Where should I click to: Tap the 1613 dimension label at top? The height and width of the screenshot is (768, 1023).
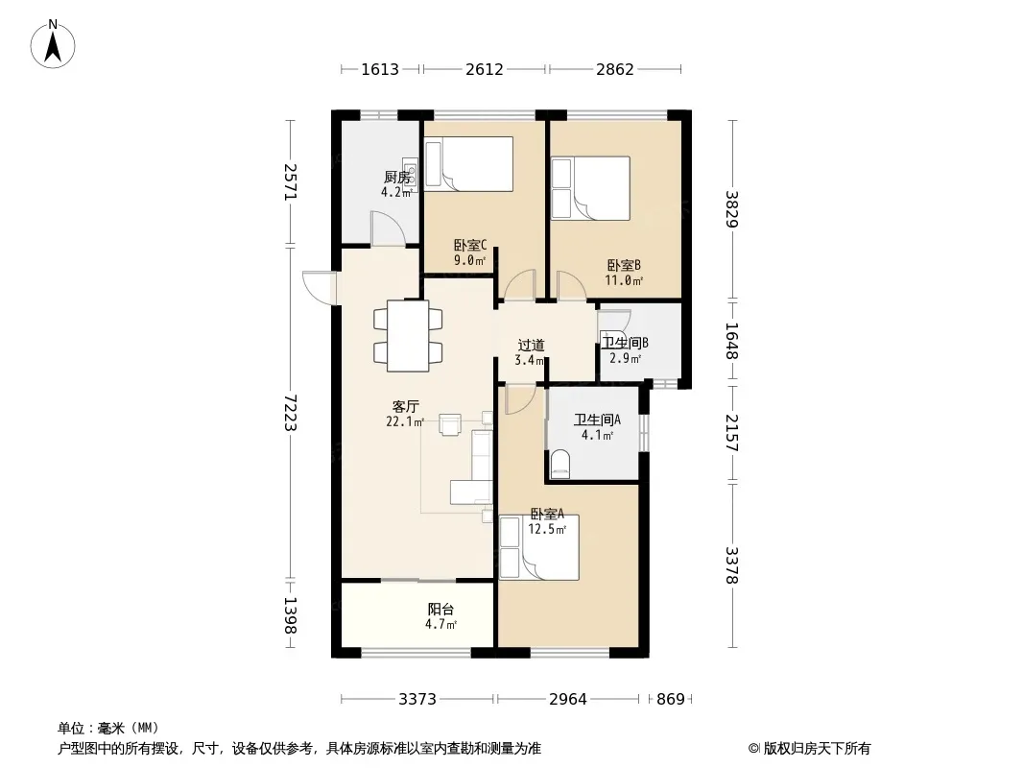coord(380,69)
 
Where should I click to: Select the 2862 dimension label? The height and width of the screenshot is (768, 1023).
coord(614,69)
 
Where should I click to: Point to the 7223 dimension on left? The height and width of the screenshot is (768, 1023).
coord(291,413)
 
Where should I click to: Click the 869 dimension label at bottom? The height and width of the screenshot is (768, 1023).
coord(671,700)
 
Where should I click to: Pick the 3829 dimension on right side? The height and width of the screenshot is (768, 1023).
coord(732,209)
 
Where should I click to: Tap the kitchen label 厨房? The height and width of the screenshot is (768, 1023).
coord(396,177)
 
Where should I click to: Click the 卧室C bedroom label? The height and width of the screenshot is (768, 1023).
coord(470,246)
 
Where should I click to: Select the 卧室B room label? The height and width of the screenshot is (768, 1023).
coord(624,265)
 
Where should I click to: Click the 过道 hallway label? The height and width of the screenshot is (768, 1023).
coord(531,346)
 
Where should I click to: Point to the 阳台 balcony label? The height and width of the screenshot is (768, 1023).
coord(441,610)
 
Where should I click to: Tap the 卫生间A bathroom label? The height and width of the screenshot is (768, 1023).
coord(597,420)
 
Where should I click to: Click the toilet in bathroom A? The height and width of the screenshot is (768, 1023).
coord(560,465)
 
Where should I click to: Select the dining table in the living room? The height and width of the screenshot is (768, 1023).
coord(408,335)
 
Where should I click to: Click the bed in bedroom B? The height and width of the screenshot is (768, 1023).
coord(590,188)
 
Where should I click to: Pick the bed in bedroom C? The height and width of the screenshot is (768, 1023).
coord(468,164)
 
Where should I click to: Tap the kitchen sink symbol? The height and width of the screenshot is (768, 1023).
coord(410,174)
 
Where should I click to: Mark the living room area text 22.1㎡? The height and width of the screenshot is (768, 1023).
coord(405,421)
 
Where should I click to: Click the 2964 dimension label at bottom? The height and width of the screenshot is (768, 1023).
coord(567,700)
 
